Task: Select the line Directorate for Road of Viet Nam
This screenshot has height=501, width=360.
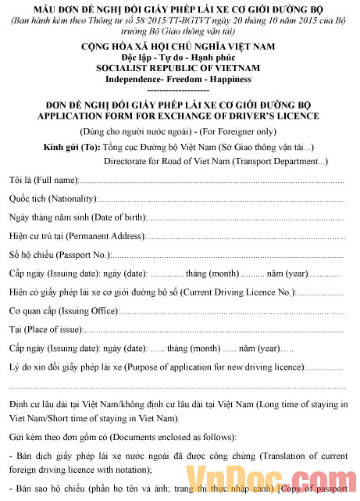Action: pos(215,161)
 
